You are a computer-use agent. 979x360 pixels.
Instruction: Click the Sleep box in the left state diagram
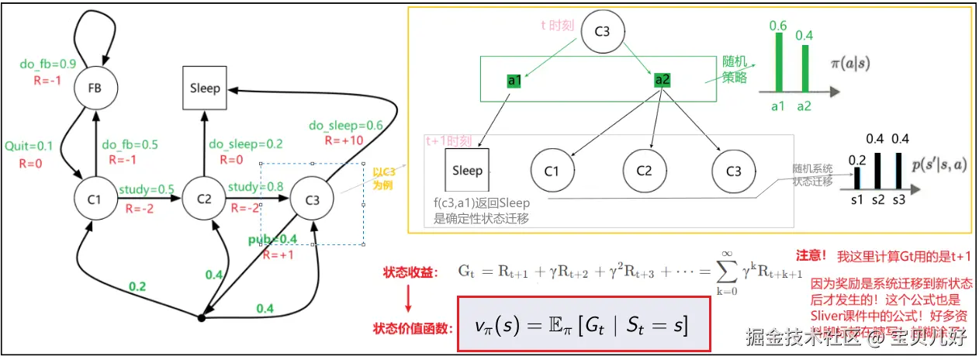point(205,88)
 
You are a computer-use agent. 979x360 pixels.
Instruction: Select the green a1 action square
point(514,80)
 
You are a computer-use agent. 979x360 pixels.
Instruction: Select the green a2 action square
point(662,80)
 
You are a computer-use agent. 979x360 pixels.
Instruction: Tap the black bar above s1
point(857,178)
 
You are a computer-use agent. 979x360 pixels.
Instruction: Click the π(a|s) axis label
point(870,64)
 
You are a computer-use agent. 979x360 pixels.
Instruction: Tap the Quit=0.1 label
point(29,145)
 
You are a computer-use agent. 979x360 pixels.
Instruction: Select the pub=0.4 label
point(273,238)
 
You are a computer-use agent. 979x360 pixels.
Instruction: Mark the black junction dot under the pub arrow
point(201,318)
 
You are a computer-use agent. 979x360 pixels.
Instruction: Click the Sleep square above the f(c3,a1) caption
point(467,170)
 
